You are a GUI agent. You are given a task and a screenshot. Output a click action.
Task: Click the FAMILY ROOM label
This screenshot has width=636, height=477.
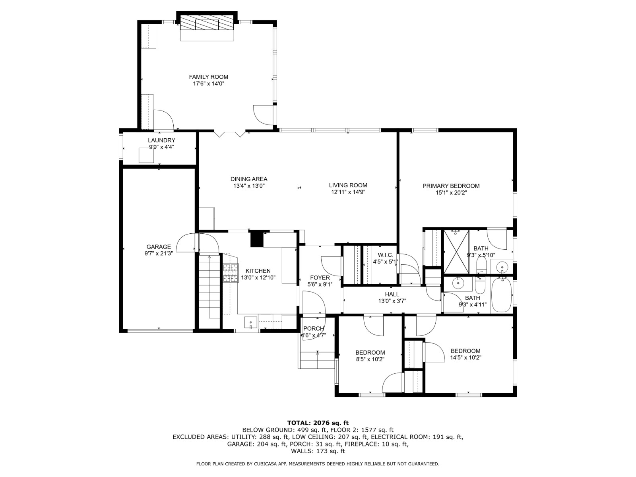208,77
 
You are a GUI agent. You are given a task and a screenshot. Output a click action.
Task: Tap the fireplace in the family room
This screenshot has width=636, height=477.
207,24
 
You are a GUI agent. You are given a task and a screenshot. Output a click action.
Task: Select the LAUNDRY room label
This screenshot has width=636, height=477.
161,140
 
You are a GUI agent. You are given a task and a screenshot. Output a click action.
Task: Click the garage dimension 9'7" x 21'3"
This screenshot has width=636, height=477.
158,254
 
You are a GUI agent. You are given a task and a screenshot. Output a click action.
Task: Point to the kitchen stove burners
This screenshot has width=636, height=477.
230,273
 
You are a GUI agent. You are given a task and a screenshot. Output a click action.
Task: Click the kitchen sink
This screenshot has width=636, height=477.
251,322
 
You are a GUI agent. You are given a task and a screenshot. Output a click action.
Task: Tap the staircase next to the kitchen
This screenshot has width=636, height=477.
209,286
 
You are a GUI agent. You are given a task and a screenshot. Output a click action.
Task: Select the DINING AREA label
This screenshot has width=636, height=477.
249,179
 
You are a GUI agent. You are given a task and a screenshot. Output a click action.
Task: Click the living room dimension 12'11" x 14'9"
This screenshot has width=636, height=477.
348,192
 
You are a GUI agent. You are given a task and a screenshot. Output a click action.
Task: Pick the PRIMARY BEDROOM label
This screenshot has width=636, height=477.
451,186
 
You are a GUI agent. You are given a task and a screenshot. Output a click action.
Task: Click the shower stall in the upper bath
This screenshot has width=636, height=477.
456,252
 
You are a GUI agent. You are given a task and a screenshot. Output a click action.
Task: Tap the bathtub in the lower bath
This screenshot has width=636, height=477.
502,295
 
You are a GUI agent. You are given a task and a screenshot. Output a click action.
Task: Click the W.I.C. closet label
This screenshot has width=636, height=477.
385,255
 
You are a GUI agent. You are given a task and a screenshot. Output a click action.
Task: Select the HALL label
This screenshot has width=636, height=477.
392,294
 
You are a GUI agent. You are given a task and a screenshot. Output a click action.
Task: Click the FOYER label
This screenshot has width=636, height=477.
320,278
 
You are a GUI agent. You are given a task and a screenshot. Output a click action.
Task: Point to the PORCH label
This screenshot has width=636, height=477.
314,328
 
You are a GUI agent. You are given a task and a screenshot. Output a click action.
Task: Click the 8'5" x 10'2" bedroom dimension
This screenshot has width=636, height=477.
370,359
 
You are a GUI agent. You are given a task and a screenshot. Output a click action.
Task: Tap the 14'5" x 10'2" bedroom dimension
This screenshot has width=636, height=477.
465,358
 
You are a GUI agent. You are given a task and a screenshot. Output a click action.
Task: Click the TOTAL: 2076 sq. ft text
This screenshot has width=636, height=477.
318,423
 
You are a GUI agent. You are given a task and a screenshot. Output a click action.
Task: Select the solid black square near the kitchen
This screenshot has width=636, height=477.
256,239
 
